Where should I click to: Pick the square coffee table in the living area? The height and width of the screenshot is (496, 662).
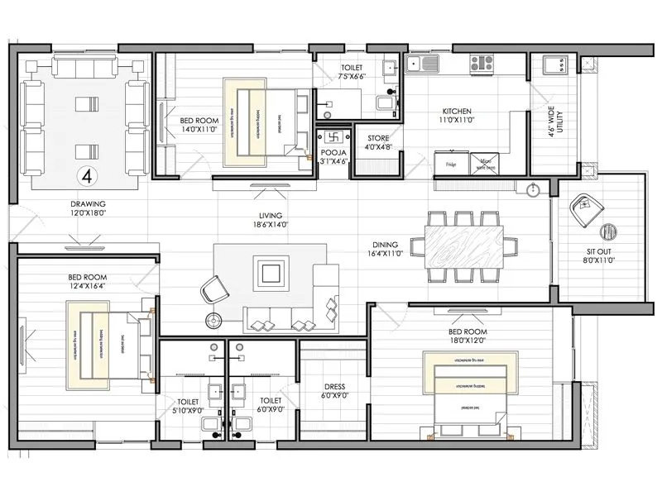(x=271, y=272)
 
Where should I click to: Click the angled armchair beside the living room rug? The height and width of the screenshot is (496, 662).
(x=215, y=290)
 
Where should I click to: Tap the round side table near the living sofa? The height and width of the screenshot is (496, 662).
(x=215, y=319)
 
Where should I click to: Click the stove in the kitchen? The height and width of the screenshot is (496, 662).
(x=482, y=62)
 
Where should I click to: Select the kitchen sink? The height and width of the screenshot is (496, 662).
(x=430, y=62)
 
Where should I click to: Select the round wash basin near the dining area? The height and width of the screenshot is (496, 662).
(x=532, y=191)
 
